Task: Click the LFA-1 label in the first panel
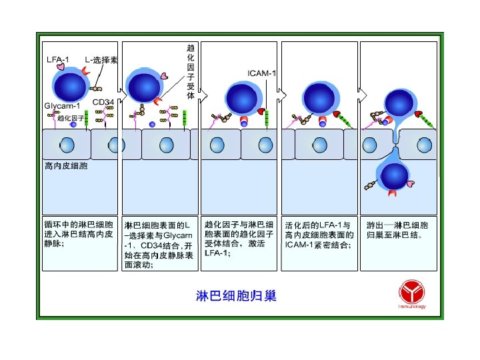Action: tap(57, 59)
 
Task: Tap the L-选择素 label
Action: tap(101, 59)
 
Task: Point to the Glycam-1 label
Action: tap(62, 106)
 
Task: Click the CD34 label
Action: tap(103, 102)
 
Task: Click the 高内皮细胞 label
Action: tap(65, 165)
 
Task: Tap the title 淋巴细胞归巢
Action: tap(236, 295)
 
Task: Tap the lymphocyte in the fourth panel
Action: tap(319, 98)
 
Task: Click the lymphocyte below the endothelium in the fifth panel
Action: tap(394, 177)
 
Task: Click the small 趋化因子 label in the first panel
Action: tap(70, 118)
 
